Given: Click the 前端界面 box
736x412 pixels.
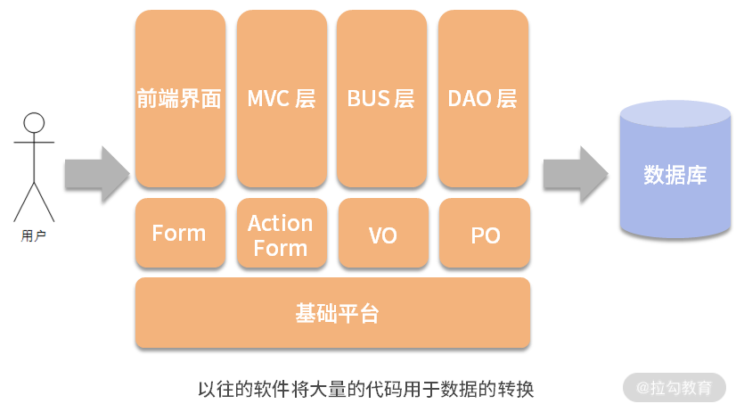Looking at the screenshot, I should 180,98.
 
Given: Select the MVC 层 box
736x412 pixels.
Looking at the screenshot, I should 282,98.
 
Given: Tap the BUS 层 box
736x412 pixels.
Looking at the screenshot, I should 381,98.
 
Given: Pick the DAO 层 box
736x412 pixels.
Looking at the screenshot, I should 483,98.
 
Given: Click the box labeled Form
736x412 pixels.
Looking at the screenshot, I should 180,234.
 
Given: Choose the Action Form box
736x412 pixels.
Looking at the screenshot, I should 282,235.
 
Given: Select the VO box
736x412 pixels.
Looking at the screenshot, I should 383,235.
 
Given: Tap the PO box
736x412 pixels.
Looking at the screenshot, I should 485,235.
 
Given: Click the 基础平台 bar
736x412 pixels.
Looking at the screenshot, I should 332,313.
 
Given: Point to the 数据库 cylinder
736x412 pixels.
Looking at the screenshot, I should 675,178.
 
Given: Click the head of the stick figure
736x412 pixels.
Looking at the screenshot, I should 34,123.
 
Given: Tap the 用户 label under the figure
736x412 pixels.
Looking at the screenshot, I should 34,236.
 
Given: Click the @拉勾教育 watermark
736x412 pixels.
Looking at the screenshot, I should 675,388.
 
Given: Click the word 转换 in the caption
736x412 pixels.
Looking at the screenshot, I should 515,390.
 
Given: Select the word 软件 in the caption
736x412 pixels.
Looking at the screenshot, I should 275,390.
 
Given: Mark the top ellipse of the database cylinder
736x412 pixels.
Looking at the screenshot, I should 675,113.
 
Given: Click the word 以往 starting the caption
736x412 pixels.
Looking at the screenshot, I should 217,390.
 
